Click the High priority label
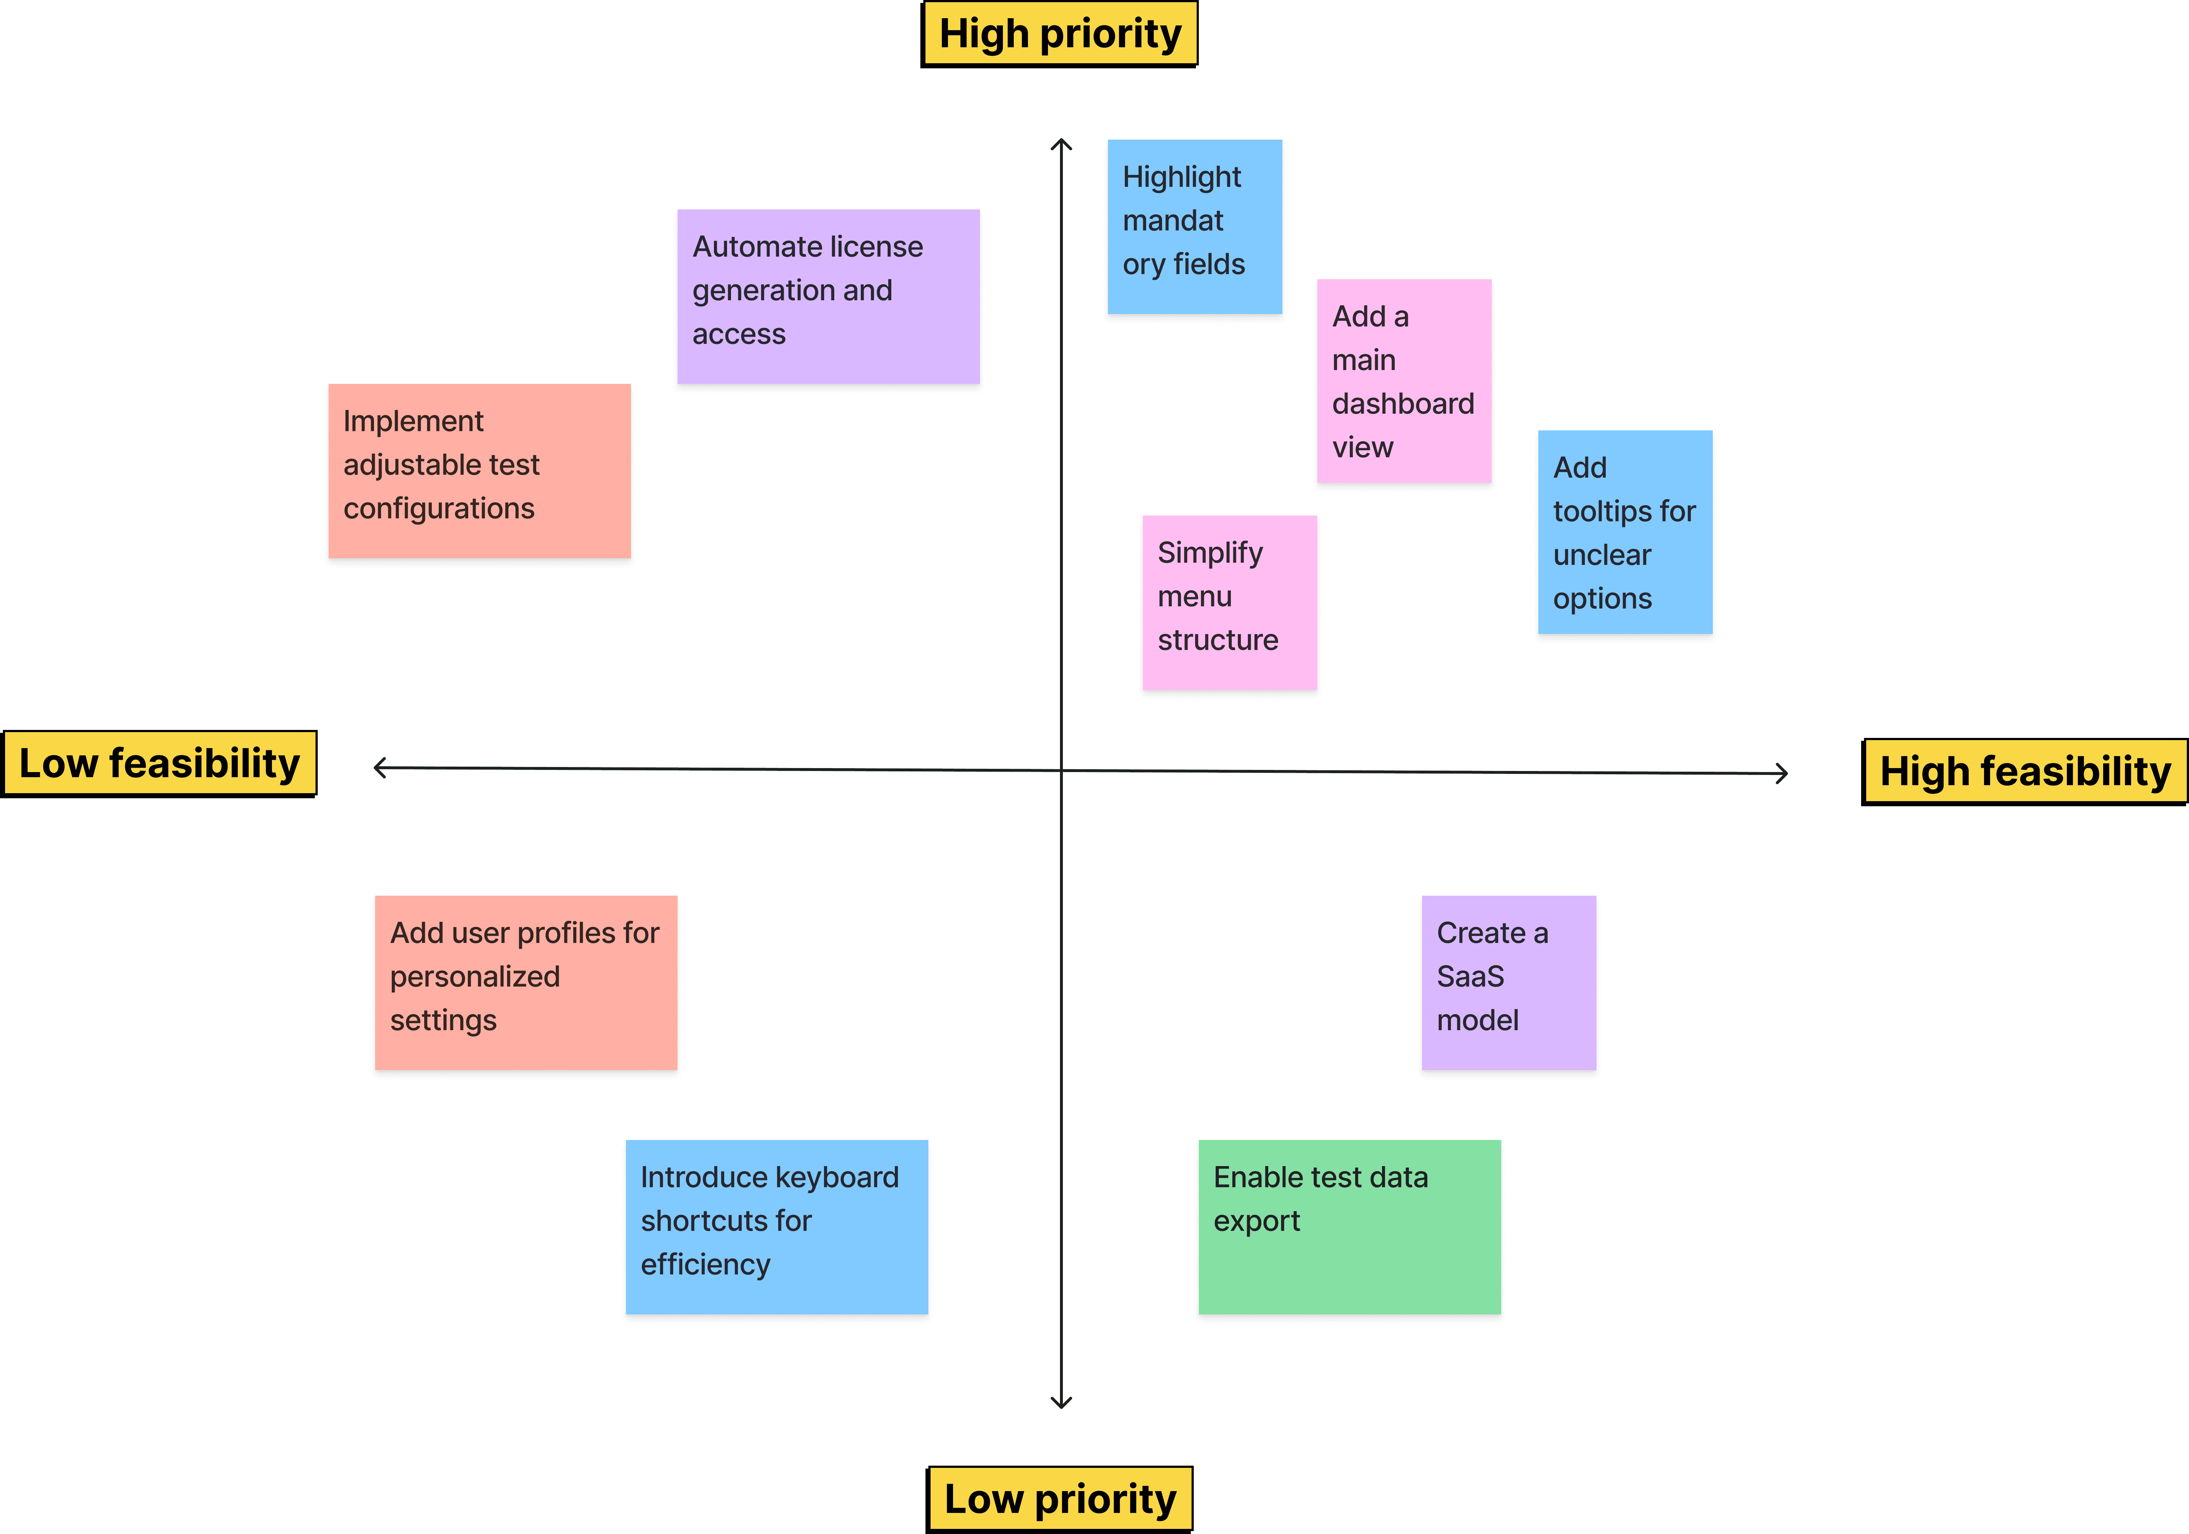[1059, 34]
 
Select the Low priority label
[1059, 1499]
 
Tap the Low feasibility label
[159, 764]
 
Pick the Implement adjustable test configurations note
[479, 471]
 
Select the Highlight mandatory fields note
[1194, 227]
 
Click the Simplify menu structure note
[1230, 603]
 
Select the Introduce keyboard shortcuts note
[777, 1227]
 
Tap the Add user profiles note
[526, 983]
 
